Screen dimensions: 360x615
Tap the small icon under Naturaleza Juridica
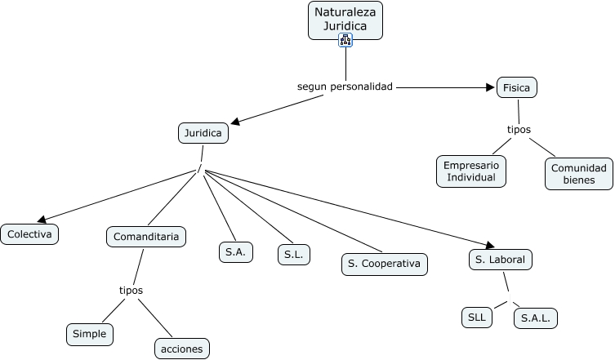[345, 40]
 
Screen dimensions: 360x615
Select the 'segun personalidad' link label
[345, 86]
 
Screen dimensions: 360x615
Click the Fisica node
[517, 87]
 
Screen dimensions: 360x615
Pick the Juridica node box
[203, 133]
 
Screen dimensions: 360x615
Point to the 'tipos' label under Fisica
[519, 130]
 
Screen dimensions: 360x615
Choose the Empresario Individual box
[470, 171]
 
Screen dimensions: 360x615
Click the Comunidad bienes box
[579, 173]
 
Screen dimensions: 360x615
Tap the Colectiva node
[29, 234]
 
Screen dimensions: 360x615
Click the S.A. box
[236, 252]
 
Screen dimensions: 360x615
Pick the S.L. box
[294, 255]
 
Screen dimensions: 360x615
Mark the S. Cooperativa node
[384, 264]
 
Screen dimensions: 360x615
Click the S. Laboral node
[501, 260]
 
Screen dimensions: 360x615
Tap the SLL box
[476, 317]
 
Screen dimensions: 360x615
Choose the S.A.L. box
[536, 318]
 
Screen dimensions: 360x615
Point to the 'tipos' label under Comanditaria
[131, 291]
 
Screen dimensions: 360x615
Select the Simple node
[90, 333]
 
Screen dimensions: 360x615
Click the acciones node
[181, 349]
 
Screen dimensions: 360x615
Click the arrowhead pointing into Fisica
[492, 87]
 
